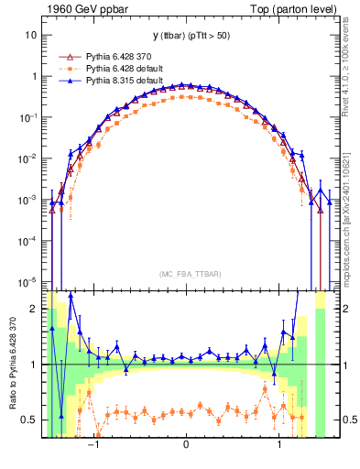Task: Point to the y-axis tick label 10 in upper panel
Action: tap(31, 35)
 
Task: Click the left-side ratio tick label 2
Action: tap(34, 309)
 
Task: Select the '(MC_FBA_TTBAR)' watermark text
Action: tap(186, 274)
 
